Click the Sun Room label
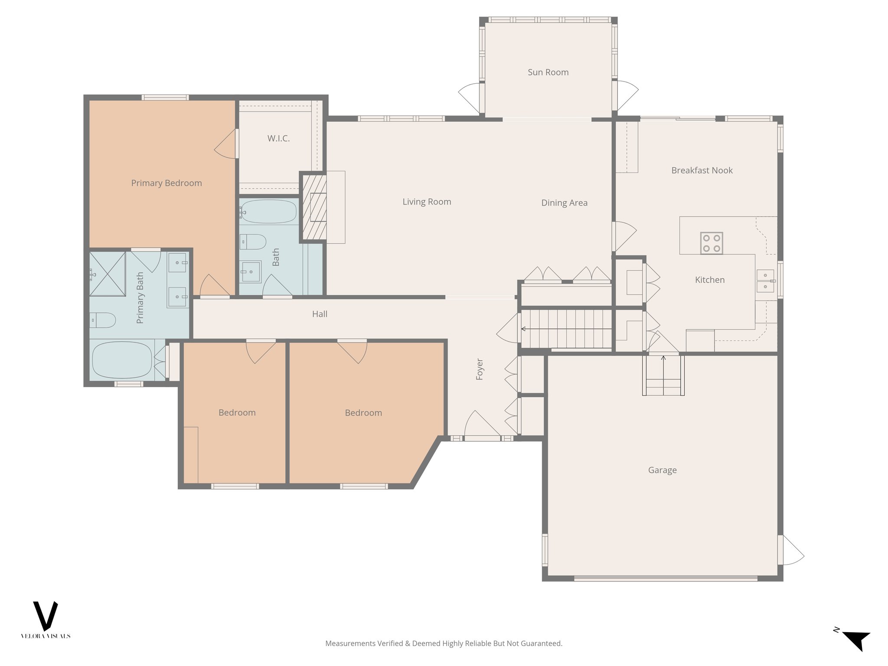pos(548,72)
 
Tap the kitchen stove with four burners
pos(711,243)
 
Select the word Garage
pos(662,470)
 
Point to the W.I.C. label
pos(278,139)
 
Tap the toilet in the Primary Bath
pos(103,320)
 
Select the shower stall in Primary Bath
pos(108,274)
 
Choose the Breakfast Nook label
pos(702,170)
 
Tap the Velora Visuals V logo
pos(46,616)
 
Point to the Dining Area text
pos(564,203)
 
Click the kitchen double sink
pos(766,281)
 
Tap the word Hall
pos(320,314)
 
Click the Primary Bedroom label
pos(166,183)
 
